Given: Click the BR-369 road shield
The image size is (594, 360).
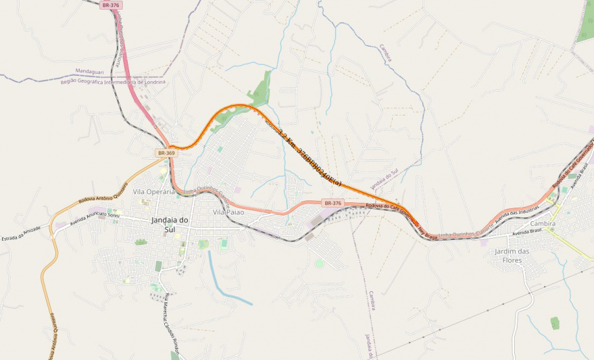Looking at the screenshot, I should [166, 153].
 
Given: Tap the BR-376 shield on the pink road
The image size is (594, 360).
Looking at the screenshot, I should [111, 5].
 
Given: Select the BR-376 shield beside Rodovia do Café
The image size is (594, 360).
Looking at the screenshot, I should [332, 203].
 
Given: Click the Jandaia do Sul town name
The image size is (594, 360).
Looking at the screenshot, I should [169, 224].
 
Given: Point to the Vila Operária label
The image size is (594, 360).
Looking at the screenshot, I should [154, 191].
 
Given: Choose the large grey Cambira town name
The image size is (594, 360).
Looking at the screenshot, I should [542, 223].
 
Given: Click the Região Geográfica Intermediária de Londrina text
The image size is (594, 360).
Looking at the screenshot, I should [113, 82].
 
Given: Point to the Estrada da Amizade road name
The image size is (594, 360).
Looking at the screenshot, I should [21, 232].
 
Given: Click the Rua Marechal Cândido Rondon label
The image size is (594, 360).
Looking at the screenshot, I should [170, 318].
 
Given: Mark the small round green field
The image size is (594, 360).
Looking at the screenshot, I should [319, 263].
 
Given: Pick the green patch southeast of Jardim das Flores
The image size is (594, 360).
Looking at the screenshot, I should [554, 322].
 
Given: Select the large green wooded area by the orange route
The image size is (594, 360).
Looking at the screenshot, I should [262, 90].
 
